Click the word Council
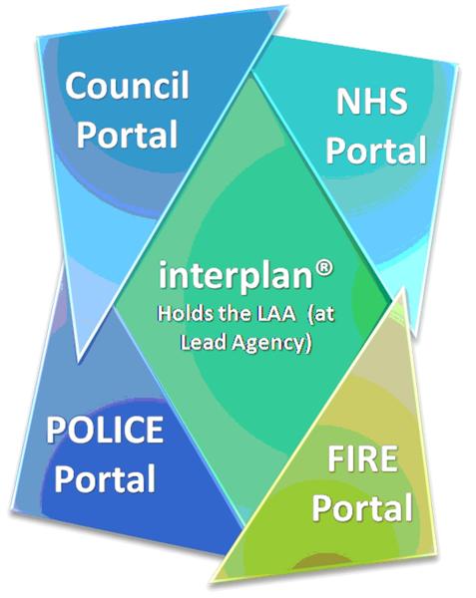click(x=127, y=85)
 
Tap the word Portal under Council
click(x=128, y=134)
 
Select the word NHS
click(x=371, y=101)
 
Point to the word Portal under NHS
click(x=376, y=149)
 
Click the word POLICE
click(x=105, y=429)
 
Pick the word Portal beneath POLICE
click(x=105, y=477)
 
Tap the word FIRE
click(x=362, y=458)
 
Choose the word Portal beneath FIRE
click(x=362, y=507)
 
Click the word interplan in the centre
click(x=236, y=276)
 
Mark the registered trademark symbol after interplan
click(x=324, y=268)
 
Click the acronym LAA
click(x=275, y=315)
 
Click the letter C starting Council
click(x=75, y=86)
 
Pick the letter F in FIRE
click(x=336, y=458)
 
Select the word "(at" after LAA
click(x=321, y=315)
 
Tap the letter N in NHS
click(x=347, y=102)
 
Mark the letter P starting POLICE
click(x=56, y=430)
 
